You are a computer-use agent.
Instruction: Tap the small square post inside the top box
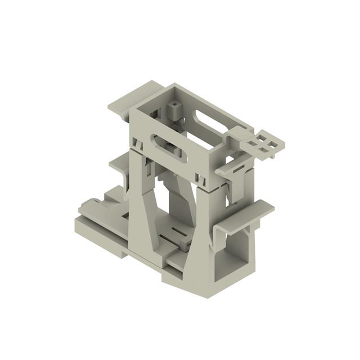(x=175, y=107)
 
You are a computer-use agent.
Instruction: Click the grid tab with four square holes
(x=263, y=143)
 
